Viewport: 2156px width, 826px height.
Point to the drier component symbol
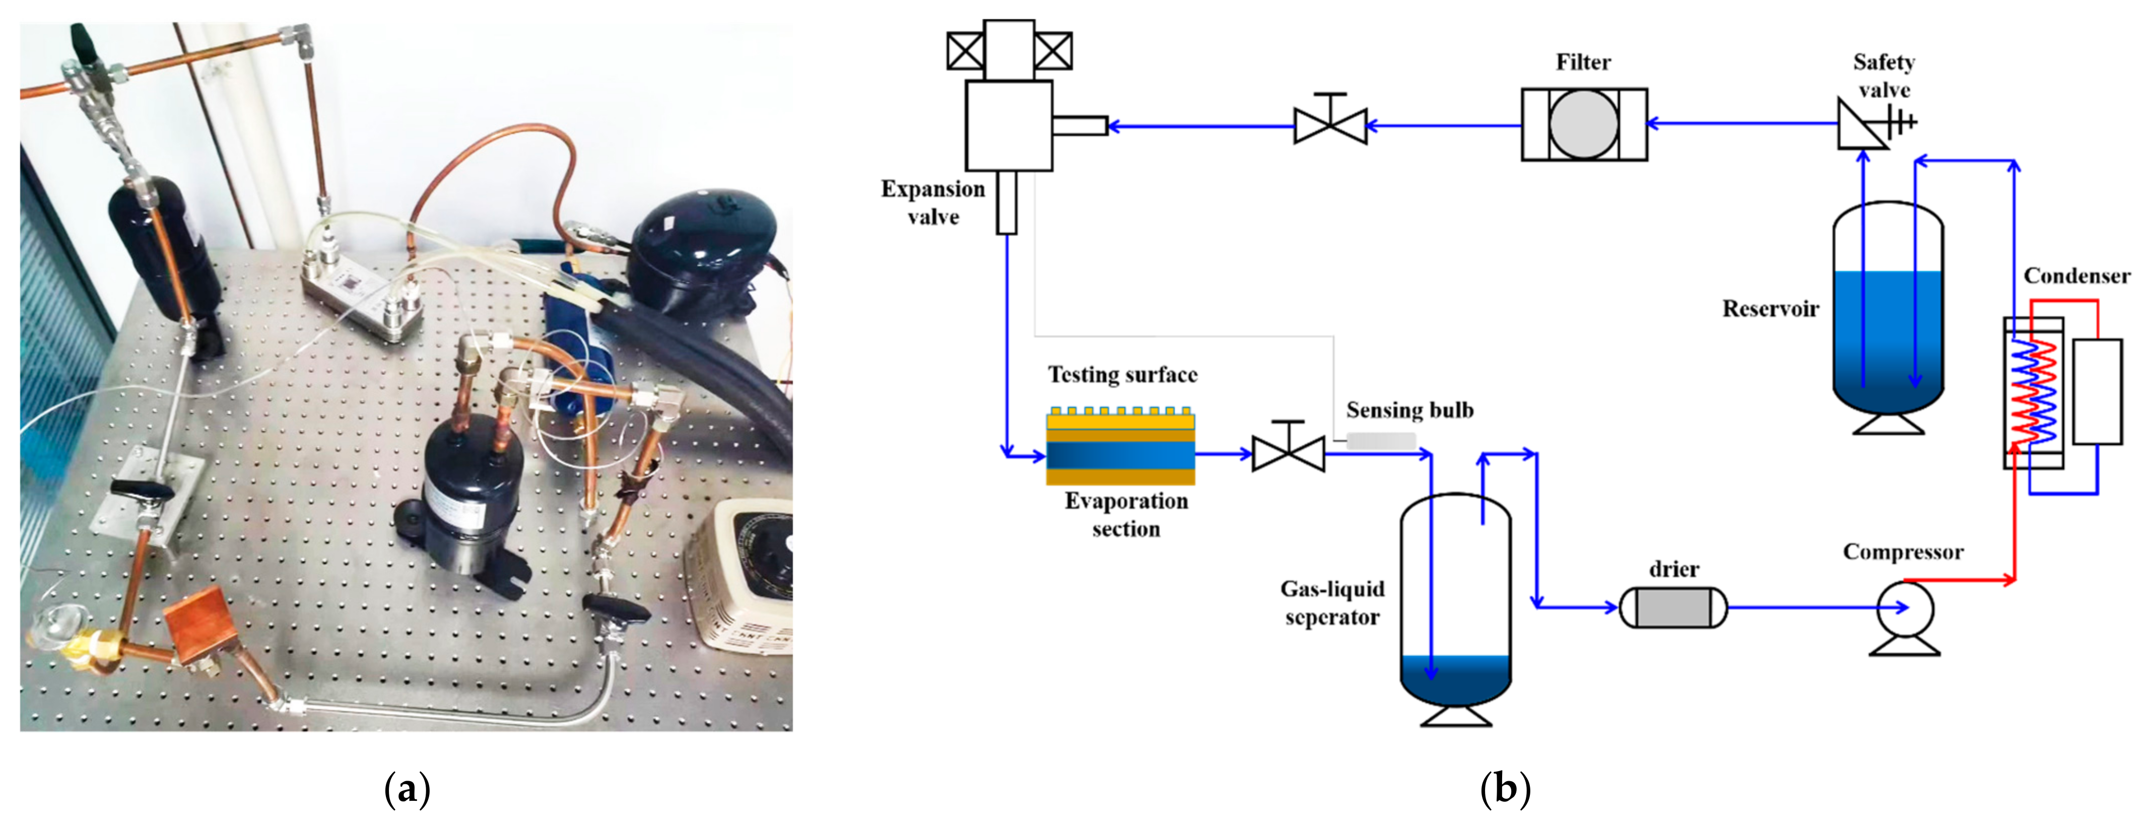click(1672, 607)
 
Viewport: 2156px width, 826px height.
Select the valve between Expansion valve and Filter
click(1330, 125)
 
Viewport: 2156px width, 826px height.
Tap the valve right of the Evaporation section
click(1288, 454)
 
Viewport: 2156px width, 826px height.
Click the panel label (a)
click(407, 788)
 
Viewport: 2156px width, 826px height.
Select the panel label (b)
click(1505, 788)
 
